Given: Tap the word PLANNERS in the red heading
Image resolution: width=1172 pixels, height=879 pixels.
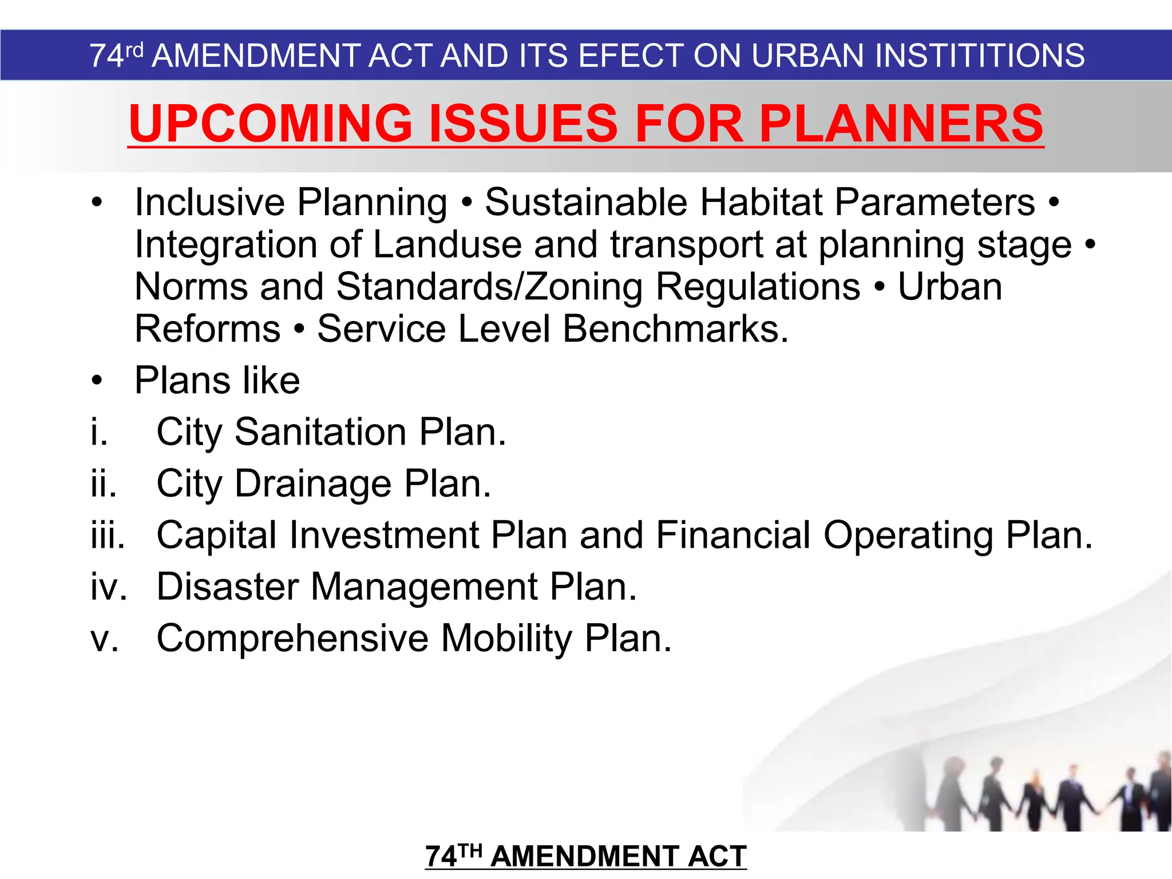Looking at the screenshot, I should (901, 124).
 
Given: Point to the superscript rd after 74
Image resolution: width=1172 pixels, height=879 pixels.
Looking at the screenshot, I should (134, 50).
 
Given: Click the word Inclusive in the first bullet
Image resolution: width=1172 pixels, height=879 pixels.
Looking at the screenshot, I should (209, 203).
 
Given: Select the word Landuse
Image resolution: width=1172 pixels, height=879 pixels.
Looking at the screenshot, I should (447, 245).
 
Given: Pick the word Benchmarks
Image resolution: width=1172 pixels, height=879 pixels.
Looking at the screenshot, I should (675, 329).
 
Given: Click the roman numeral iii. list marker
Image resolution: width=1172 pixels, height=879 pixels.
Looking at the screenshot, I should (108, 536).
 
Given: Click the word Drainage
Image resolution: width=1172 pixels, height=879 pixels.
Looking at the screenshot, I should (313, 484).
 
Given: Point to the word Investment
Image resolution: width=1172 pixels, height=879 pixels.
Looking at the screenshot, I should (383, 536).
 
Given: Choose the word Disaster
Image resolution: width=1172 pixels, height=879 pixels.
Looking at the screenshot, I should (227, 587).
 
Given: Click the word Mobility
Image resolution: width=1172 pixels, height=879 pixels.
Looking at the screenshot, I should (506, 639).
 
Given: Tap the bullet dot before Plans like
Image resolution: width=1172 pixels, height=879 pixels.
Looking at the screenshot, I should (97, 381).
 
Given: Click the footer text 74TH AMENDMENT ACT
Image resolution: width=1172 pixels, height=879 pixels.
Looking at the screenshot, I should (585, 857).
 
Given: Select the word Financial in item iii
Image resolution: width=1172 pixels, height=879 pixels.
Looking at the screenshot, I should (732, 536).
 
